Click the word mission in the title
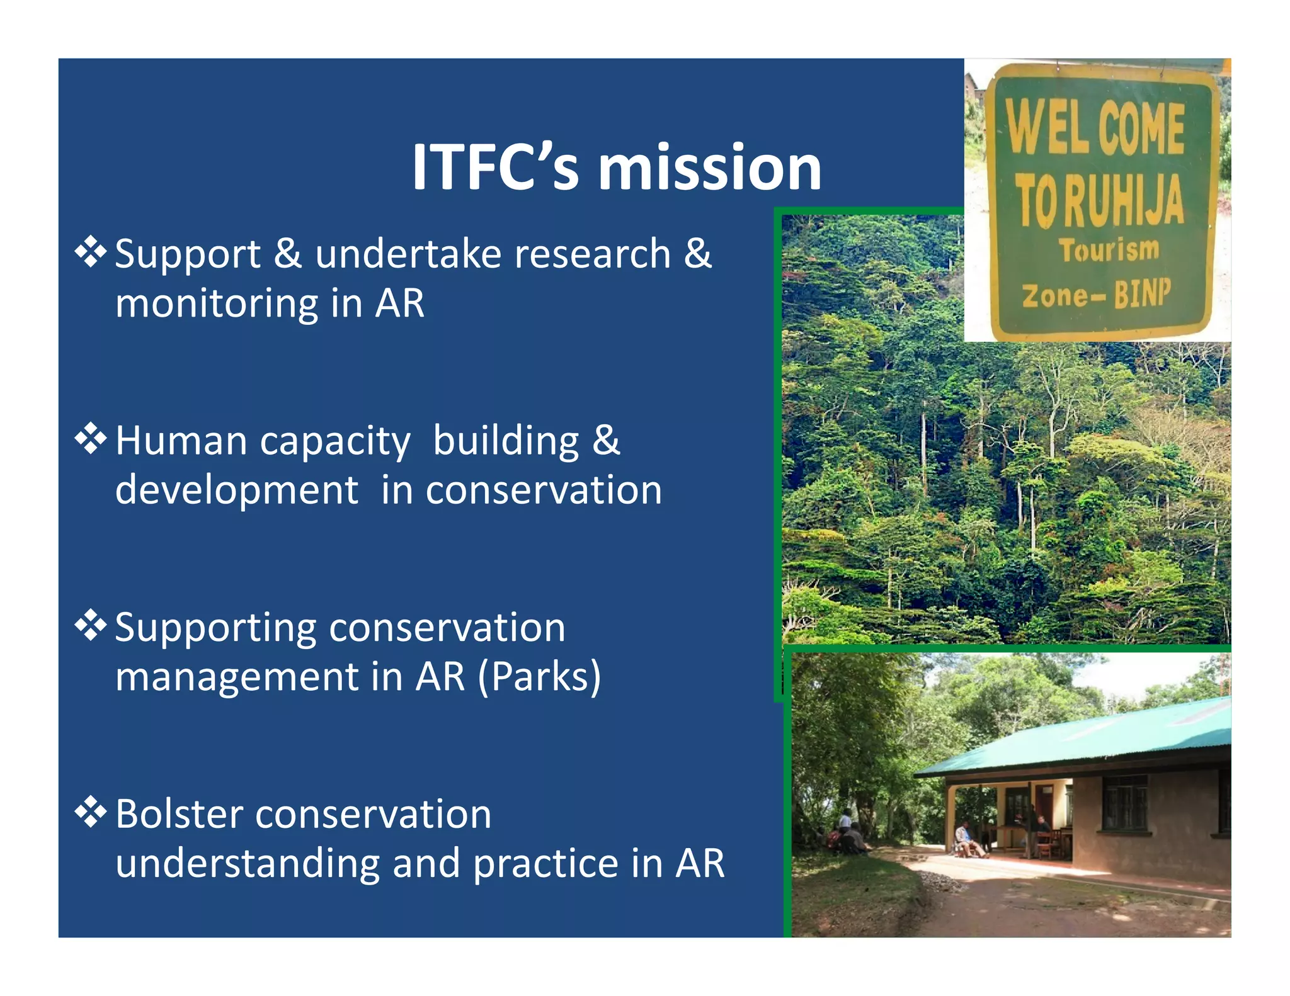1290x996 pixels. [x=709, y=167]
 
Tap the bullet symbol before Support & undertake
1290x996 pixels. [x=91, y=252]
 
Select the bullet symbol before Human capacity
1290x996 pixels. [x=91, y=439]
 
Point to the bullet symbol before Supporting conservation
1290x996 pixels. [x=91, y=625]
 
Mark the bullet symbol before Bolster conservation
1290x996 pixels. [x=91, y=812]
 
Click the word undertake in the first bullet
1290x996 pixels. [x=408, y=254]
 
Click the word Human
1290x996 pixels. [x=181, y=441]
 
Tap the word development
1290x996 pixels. [x=237, y=490]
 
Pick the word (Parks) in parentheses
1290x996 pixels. [x=539, y=677]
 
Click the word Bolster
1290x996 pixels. [x=179, y=815]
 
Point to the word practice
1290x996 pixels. [x=545, y=864]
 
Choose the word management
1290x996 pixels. [x=237, y=677]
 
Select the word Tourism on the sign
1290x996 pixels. [x=1109, y=251]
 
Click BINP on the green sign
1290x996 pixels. [x=1142, y=294]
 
